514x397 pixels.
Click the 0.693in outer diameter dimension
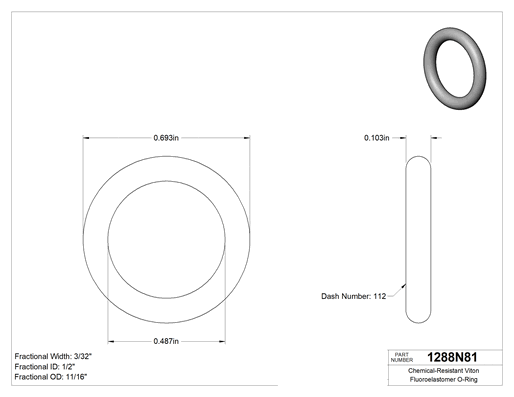tap(166, 138)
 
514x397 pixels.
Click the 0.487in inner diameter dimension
tap(166, 341)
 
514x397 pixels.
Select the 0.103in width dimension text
tap(377, 138)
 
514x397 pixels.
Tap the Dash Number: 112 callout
tap(354, 296)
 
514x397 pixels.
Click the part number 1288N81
tap(452, 357)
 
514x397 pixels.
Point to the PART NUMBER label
tap(402, 357)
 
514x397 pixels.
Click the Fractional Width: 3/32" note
tap(53, 356)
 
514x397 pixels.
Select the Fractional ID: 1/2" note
tap(45, 367)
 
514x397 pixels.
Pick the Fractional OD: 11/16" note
tap(51, 377)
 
